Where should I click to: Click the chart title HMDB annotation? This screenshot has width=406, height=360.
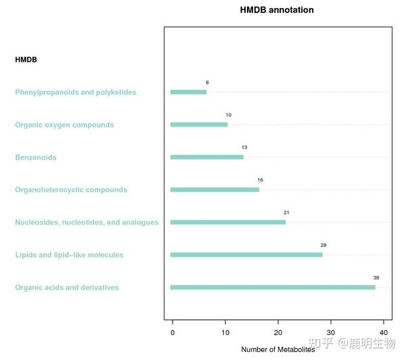pos(277,10)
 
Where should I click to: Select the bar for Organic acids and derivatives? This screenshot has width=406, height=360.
pos(273,287)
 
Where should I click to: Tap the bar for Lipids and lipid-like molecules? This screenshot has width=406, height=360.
pos(246,255)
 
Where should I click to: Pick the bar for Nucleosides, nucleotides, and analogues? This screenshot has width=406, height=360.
pos(228,222)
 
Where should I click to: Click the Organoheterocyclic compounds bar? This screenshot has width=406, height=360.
pos(215,189)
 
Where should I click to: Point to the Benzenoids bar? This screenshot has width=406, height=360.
pos(207,157)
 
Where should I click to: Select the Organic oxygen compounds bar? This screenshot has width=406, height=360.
pos(199,125)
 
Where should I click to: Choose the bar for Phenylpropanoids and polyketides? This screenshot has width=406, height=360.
pos(189,92)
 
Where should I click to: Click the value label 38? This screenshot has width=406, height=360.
pos(376,277)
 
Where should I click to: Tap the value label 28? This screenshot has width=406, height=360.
pos(323,245)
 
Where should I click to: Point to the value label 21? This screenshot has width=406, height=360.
pos(286,212)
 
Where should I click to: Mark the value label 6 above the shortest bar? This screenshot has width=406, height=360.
pos(208,83)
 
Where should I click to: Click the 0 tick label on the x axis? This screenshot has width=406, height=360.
pos(173,332)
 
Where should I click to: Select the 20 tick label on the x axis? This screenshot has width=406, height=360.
pos(278,332)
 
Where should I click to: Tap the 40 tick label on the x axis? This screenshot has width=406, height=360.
pos(384,332)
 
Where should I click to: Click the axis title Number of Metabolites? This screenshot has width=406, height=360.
pos(278,349)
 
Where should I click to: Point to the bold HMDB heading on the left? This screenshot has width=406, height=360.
pos(26,60)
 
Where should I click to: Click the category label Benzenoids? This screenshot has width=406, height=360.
pos(36,157)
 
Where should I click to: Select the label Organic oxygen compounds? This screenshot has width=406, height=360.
pos(64,125)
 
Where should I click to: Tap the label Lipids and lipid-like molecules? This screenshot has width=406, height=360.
pos(69,255)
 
